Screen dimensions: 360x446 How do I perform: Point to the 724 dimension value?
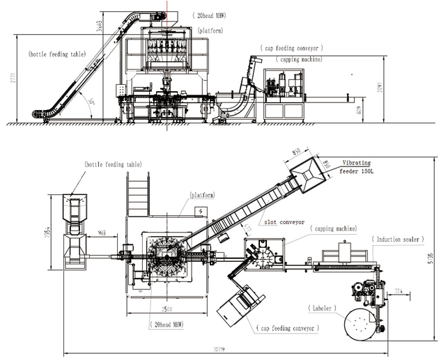tap(399, 288)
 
